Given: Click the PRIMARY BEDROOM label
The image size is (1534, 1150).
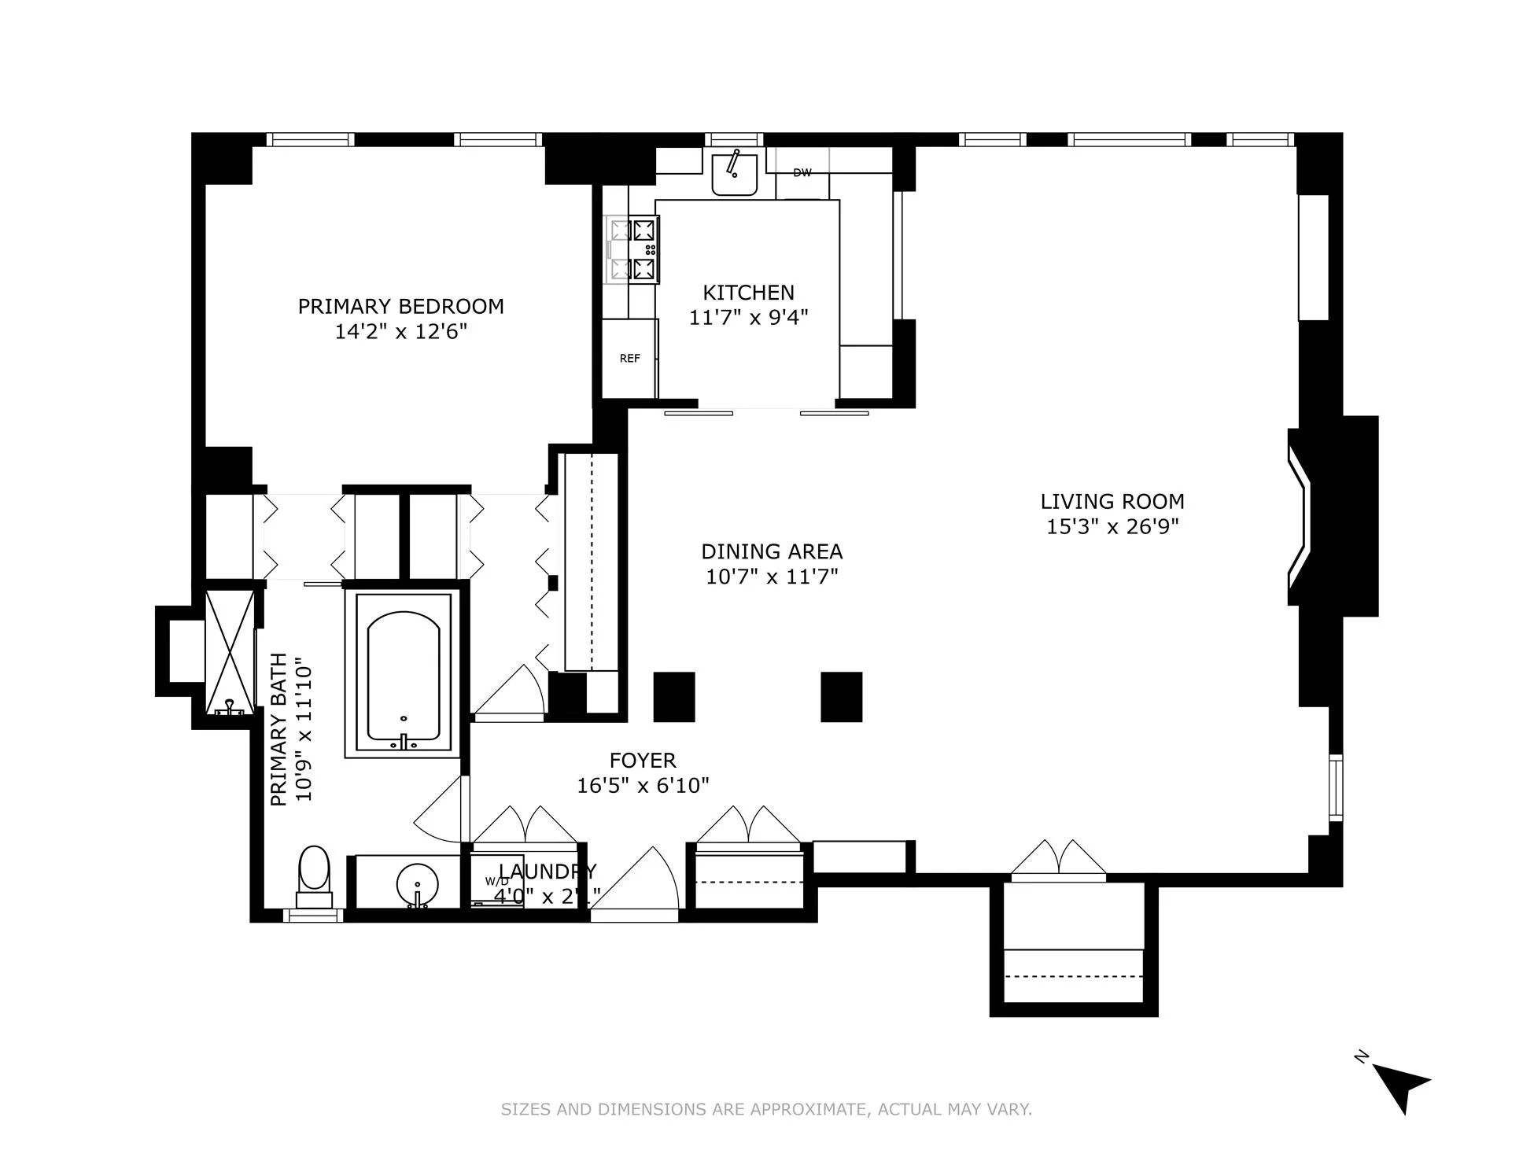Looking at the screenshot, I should pos(400,306).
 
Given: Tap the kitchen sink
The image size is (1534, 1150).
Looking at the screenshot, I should pos(734,174).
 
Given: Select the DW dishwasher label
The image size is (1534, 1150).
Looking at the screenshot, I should pos(802,173).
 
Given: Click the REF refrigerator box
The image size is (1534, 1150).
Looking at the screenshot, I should pos(629,359).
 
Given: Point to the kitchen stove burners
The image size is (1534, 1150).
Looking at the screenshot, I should pos(634,250).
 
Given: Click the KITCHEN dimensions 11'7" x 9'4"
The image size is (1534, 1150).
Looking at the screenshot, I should pos(748,318).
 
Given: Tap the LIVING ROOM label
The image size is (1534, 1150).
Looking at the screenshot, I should pos(1112,501).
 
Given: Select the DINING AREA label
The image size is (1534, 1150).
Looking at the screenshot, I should pos(771,551).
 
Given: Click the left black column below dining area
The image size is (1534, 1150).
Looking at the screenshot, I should pos(674,697).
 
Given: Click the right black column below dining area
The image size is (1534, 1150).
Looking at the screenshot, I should pos(841,697).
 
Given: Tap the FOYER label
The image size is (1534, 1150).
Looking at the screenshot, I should pos(643,761).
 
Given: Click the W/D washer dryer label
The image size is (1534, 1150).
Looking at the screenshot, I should pos(496,881).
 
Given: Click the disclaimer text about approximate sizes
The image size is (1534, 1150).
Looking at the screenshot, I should pos(766,1110).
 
